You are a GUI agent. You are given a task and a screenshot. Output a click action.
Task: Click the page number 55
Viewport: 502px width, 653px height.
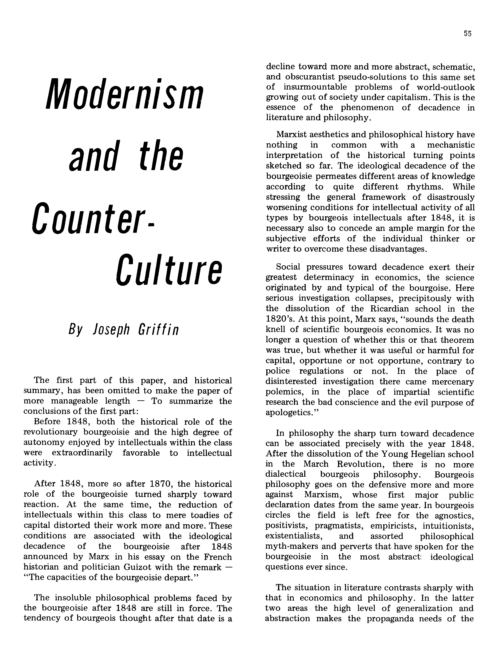[x=468, y=34]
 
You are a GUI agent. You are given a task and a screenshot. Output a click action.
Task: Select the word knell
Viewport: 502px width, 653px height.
[x=275, y=329]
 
